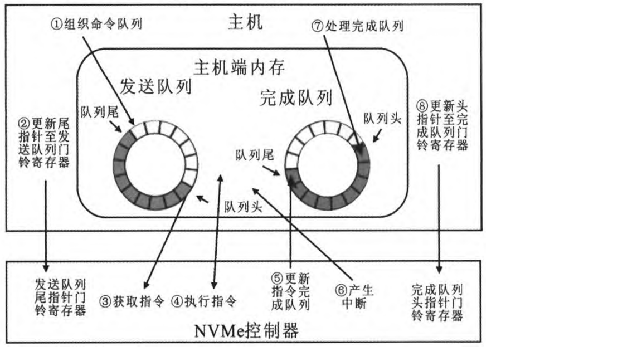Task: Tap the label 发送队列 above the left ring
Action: coord(156,87)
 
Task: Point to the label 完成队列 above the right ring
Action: coord(296,98)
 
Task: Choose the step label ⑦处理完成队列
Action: coord(357,26)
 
